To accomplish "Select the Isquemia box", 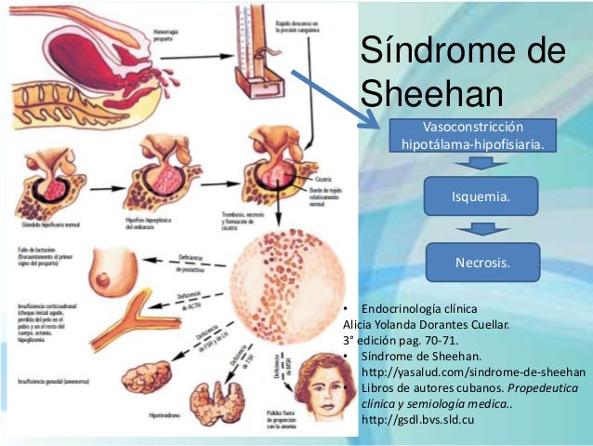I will (480, 198).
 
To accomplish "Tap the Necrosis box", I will (481, 263).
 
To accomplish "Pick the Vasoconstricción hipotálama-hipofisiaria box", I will (473, 136).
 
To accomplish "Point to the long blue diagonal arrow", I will (336, 99).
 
